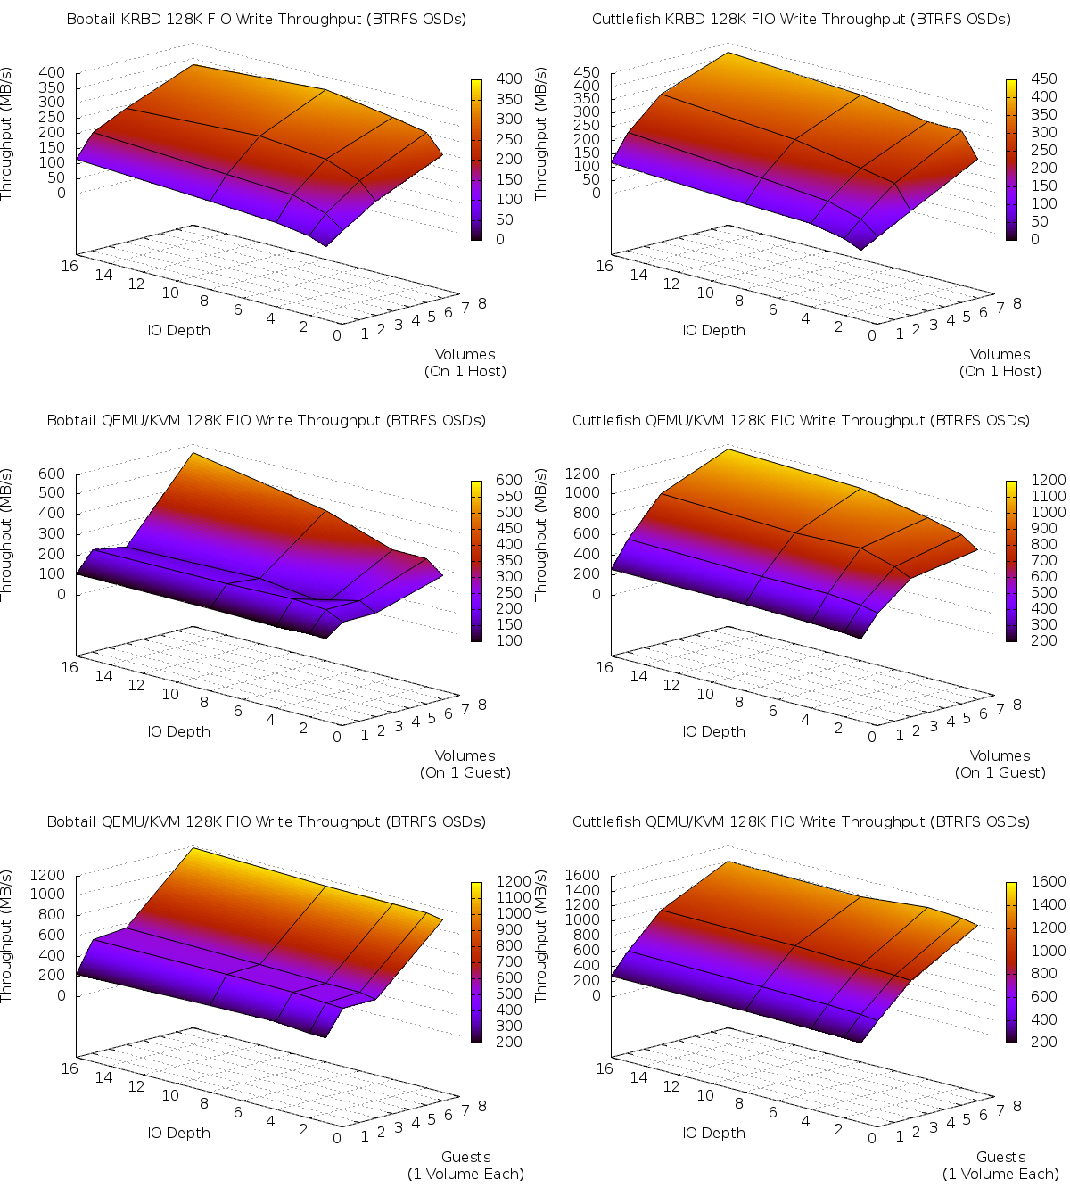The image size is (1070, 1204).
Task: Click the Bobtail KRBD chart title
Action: (x=266, y=19)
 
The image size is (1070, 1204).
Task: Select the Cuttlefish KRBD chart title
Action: (x=801, y=19)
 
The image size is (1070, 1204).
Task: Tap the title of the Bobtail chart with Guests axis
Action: (x=266, y=821)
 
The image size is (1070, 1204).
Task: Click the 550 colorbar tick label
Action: (x=509, y=496)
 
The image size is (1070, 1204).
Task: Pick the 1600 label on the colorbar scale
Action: (x=1048, y=882)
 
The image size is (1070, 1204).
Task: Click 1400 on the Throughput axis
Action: (x=584, y=890)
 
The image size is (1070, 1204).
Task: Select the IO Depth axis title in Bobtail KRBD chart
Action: (x=179, y=330)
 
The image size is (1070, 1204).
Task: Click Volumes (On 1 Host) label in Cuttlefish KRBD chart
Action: (x=1000, y=363)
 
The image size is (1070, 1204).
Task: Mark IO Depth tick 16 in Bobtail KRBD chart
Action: (x=70, y=266)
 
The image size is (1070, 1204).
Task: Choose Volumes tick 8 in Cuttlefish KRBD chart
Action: (x=1017, y=303)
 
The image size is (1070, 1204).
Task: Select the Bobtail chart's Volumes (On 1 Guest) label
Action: (x=465, y=764)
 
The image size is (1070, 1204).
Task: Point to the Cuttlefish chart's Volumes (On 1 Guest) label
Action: (x=1000, y=764)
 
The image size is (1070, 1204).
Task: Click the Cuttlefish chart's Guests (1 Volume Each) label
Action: (x=1000, y=1166)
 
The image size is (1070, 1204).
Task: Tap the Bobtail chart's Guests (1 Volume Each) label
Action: (x=465, y=1166)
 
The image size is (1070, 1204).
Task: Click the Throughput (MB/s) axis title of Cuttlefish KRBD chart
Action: (x=541, y=134)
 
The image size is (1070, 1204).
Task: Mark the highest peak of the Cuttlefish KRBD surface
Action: (x=728, y=53)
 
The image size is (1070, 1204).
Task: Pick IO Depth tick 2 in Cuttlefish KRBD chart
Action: (x=839, y=326)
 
